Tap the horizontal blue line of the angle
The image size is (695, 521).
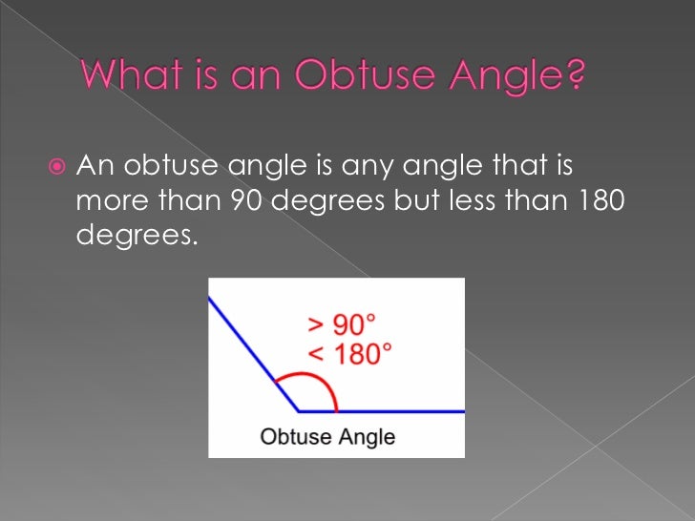[401, 411]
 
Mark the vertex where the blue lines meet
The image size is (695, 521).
[298, 411]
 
